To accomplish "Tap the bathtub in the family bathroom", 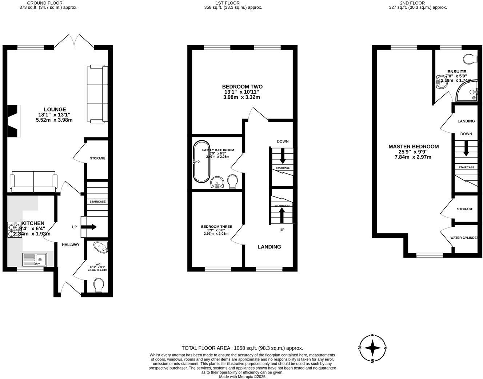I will pos(201,161).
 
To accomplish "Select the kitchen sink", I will pos(35,260).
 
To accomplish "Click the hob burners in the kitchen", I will pos(15,230).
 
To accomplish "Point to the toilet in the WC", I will pos(99,285).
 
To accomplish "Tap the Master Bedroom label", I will pos(414,146).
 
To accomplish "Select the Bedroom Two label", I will pos(242,87).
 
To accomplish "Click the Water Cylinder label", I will pos(464,238).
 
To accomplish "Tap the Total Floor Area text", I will pos(242,348).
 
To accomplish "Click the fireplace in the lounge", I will pos(13,121).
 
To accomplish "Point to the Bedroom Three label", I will pos(216,227).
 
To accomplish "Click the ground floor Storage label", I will pos(97,158).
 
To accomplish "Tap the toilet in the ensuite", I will pos(471,58).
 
